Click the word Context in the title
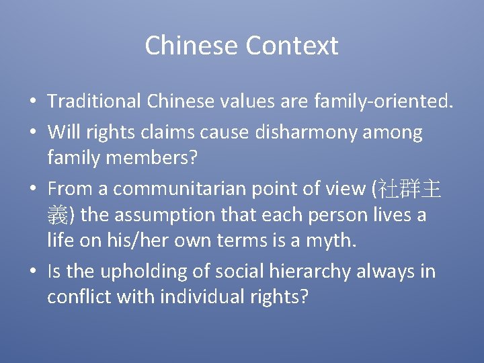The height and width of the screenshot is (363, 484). tap(292, 46)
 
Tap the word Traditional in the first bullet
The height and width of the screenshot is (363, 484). tap(93, 102)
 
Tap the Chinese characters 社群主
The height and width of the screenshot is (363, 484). tap(409, 189)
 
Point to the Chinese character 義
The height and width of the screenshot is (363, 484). tap(56, 216)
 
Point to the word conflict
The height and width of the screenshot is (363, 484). tap(79, 296)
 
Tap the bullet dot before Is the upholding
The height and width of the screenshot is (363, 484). tap(32, 272)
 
